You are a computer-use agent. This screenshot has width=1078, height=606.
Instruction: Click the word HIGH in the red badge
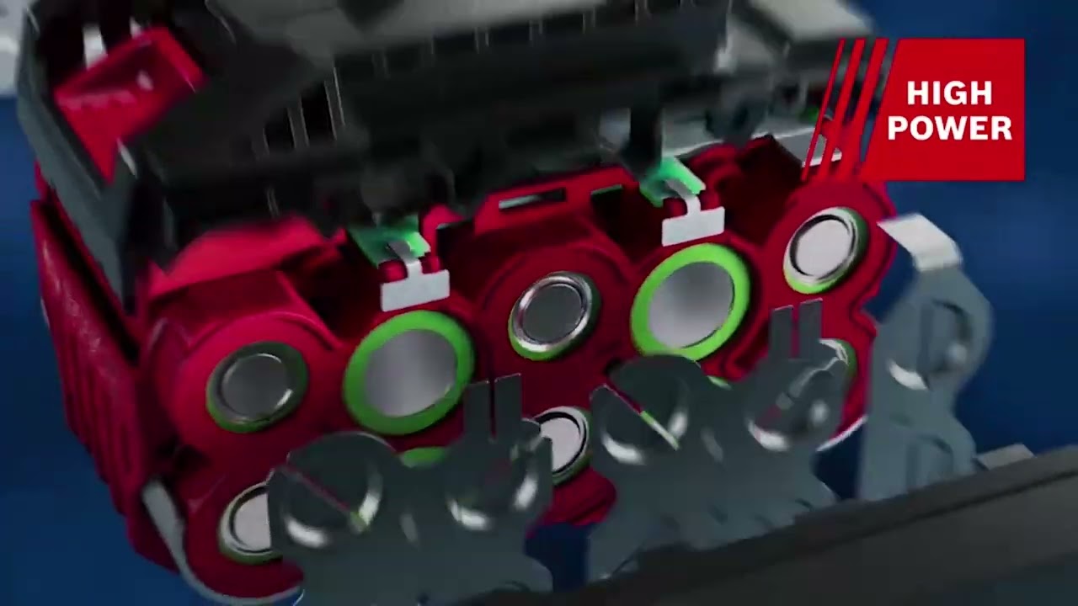pyautogui.click(x=949, y=93)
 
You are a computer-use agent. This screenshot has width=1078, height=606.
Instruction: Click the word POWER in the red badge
pyautogui.click(x=949, y=128)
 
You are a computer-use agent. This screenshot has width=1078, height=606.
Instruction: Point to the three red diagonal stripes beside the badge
pyautogui.click(x=845, y=109)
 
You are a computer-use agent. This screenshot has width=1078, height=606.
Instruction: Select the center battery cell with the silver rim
pyautogui.click(x=554, y=315)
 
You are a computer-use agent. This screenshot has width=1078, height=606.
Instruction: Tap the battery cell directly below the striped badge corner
pyautogui.click(x=825, y=249)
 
